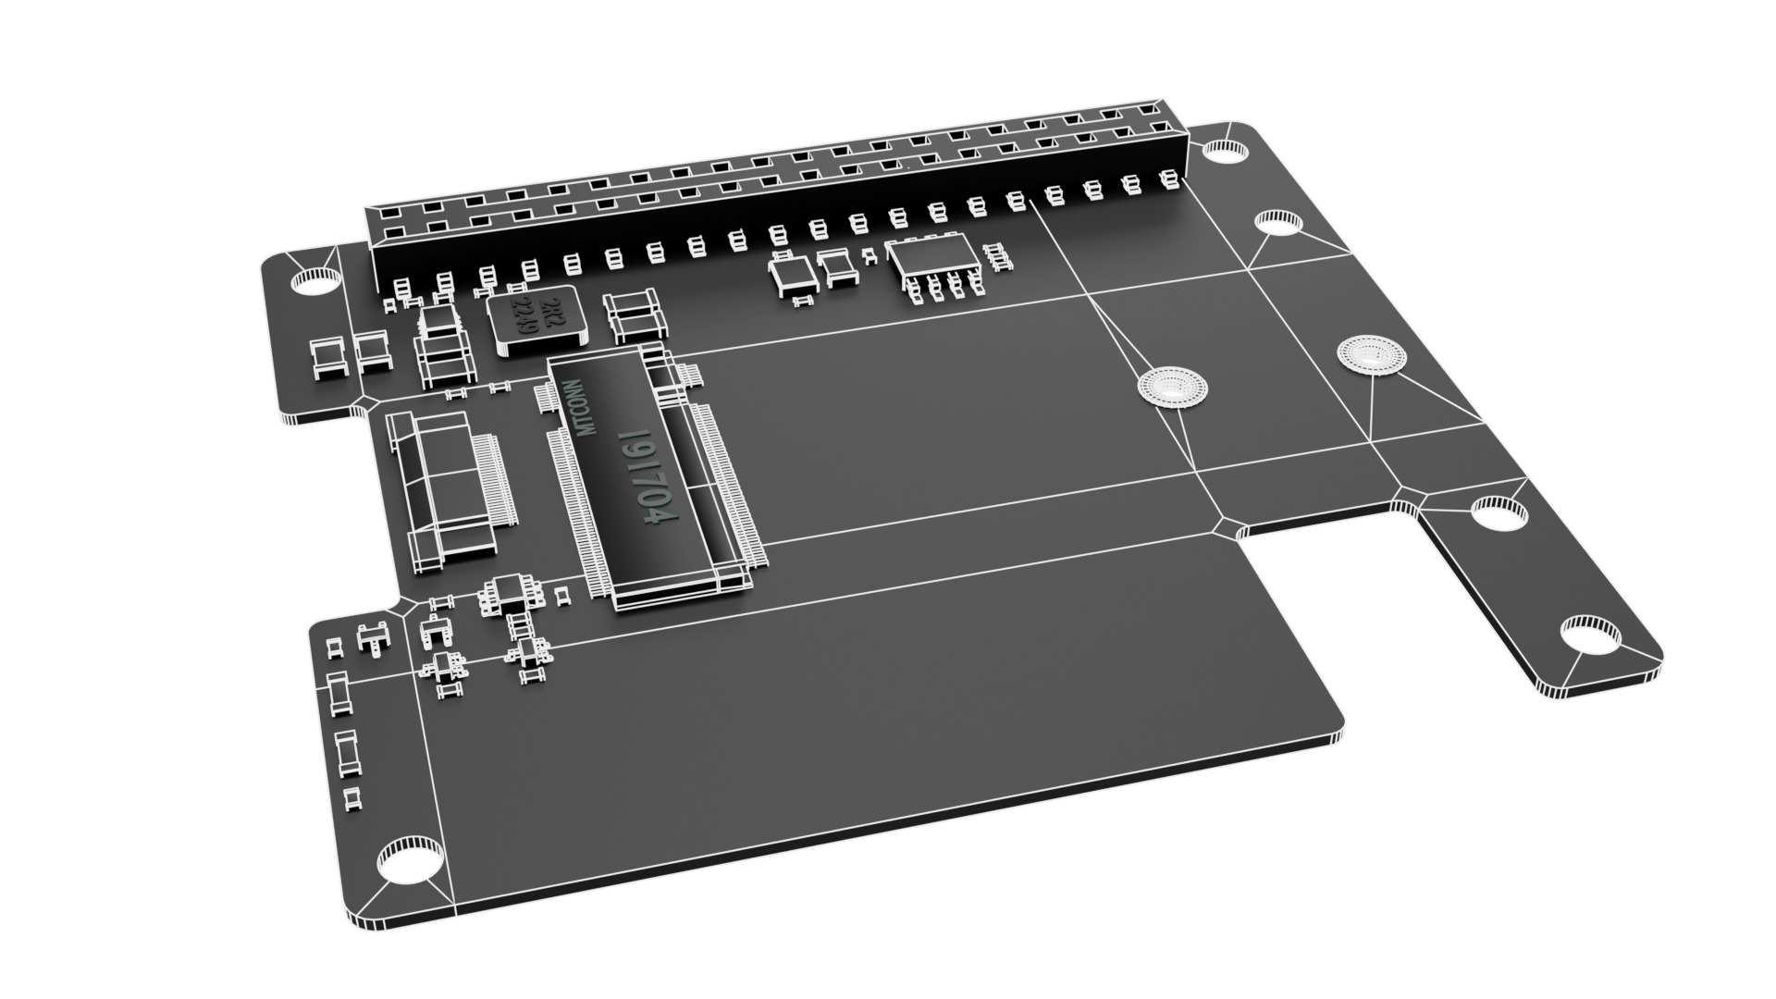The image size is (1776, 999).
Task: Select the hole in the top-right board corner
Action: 1227,150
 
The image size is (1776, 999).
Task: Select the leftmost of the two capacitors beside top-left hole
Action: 326,358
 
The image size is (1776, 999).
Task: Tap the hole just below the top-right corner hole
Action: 1279,222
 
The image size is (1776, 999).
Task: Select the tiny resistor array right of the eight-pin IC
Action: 997,256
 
